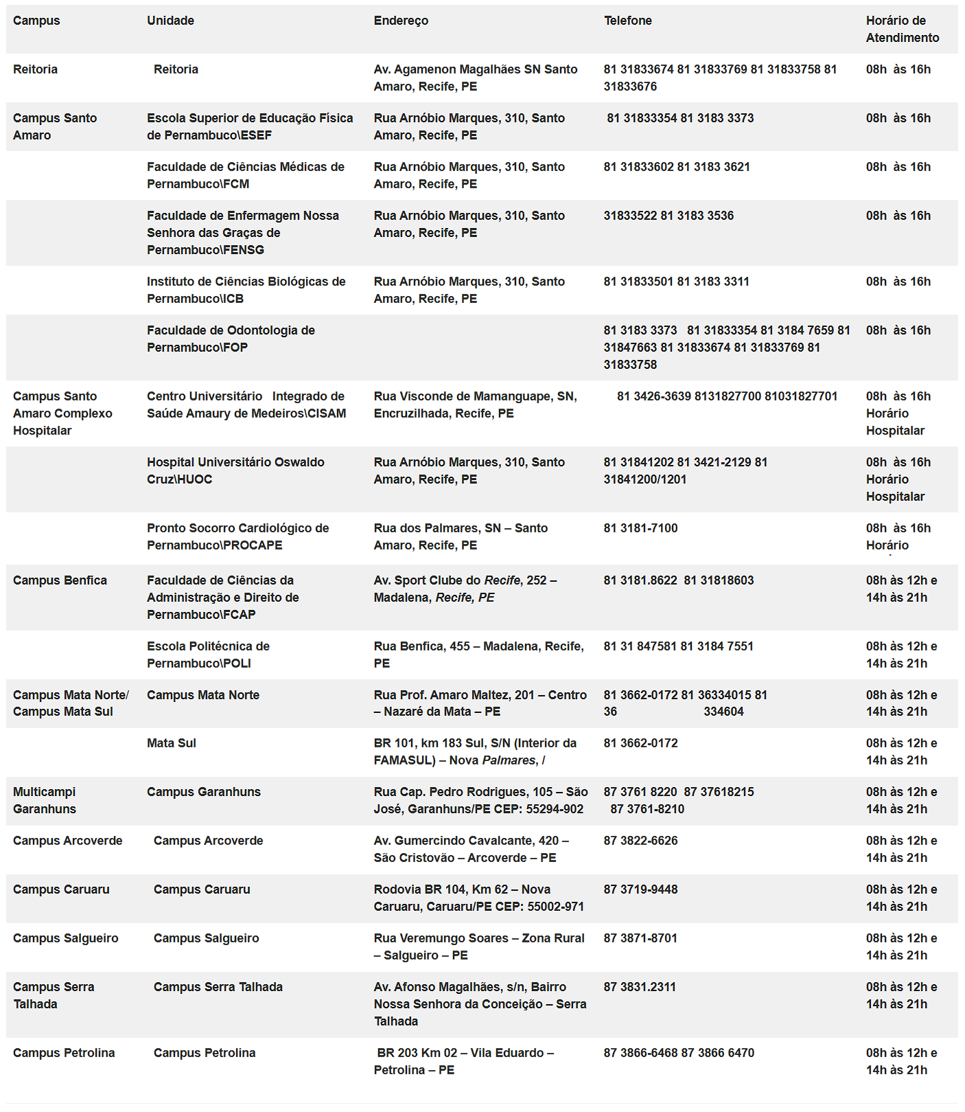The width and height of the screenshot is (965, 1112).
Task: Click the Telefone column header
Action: [x=627, y=21]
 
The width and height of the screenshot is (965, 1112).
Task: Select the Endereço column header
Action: [x=401, y=21]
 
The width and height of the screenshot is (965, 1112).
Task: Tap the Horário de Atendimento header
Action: [x=902, y=30]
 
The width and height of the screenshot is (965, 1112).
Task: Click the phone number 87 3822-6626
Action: [x=640, y=841]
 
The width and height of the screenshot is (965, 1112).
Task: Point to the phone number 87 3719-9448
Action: [x=640, y=889]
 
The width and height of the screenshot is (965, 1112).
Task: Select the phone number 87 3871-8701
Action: [x=640, y=938]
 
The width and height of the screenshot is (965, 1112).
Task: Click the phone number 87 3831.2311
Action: [x=640, y=987]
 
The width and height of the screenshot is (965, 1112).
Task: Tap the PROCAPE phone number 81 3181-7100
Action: [x=640, y=528]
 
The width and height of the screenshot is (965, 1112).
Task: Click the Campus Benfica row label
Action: [x=60, y=580]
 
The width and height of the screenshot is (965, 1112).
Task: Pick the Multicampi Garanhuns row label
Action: [x=45, y=800]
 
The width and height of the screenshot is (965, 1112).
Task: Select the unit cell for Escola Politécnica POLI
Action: [x=208, y=655]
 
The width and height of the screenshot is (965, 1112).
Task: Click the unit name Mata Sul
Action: [x=172, y=743]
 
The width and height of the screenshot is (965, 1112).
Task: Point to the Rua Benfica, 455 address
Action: [x=478, y=655]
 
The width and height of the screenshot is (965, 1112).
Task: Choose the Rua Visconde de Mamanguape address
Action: [x=475, y=405]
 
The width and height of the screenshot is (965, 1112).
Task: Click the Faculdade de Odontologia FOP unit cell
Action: [x=231, y=339]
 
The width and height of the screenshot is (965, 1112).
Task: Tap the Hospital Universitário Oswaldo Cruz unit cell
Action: [x=235, y=470]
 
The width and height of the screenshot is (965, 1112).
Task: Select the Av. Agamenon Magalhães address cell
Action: [x=475, y=78]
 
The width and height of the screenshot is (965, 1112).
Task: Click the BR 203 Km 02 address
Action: [x=464, y=1061]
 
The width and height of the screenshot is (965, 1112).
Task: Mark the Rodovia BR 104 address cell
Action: [x=478, y=898]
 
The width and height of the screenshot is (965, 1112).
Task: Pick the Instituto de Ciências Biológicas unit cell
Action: [x=246, y=290]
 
